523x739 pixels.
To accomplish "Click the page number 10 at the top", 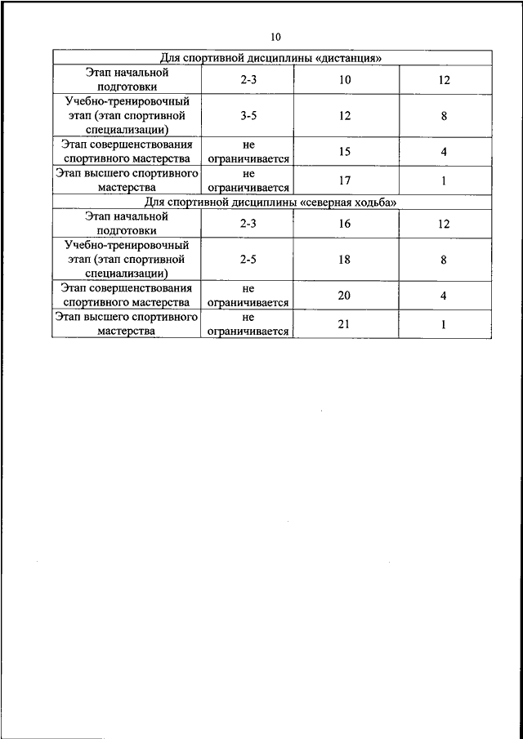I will click(275, 37).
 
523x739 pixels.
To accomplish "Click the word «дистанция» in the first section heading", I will click(346, 58).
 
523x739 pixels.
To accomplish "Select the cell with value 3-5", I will click(249, 116).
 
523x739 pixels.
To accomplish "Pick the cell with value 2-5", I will click(249, 260).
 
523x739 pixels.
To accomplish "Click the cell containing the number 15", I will click(344, 152).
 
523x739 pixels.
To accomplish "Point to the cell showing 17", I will click(344, 180).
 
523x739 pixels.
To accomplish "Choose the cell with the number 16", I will click(344, 223).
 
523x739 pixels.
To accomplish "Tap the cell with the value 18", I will click(344, 260).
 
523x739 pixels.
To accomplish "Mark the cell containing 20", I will click(344, 296).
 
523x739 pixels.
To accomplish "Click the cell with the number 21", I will click(344, 324).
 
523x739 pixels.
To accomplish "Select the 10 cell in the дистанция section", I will click(344, 80).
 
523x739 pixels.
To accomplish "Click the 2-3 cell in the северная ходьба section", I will click(249, 223).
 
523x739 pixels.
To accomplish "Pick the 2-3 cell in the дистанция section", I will click(249, 80).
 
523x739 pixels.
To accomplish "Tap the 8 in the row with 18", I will click(444, 260).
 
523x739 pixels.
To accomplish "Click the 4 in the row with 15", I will click(444, 152).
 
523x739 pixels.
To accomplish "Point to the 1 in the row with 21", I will click(444, 324).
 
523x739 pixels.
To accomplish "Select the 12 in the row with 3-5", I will click(344, 116).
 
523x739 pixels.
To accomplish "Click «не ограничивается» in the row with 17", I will click(249, 180).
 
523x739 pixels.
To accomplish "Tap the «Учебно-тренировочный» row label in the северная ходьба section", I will click(127, 245).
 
